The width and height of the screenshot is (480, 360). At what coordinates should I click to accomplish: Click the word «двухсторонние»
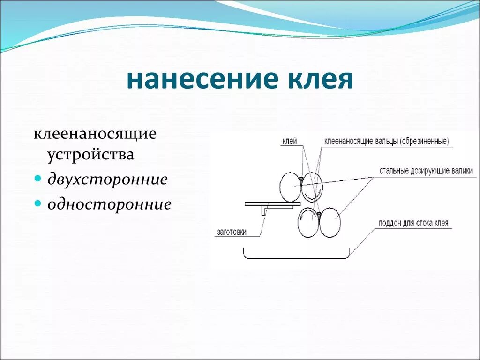(107, 180)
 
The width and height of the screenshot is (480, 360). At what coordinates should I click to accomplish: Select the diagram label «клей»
(290, 141)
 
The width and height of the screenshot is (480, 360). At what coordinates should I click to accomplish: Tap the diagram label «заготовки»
(232, 232)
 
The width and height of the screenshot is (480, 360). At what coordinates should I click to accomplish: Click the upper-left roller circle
(290, 186)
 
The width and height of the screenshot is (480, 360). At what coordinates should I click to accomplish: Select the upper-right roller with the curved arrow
(311, 186)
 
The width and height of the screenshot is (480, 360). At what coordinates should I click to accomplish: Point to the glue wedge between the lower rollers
(319, 215)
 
